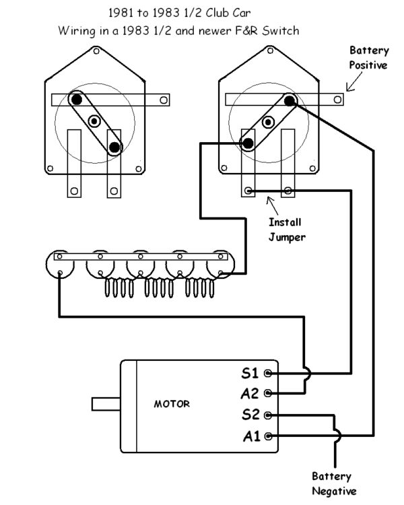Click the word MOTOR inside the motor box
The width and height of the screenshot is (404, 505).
pos(172,404)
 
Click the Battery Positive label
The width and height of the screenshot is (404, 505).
pos(368,58)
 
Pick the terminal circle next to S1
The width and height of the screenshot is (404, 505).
pos(269,372)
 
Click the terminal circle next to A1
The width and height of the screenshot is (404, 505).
pos(269,436)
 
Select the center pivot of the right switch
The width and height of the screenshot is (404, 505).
pos(269,122)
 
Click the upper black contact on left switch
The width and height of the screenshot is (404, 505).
pos(77,99)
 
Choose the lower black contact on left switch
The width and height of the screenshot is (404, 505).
pos(115,146)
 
